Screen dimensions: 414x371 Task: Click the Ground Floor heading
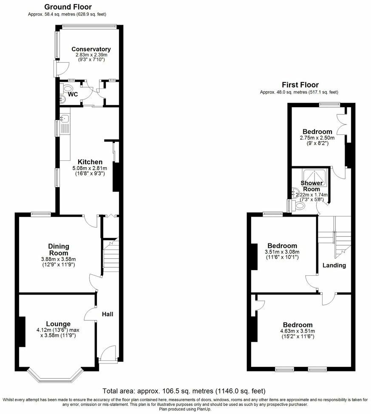pos(68,7)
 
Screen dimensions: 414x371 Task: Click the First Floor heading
pos(300,85)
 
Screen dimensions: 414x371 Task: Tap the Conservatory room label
pos(91,49)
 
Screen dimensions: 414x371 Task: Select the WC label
pos(73,94)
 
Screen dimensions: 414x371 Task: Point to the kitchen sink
pos(65,123)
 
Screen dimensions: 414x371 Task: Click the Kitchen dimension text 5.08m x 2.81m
pos(90,168)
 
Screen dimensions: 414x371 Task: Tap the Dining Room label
pos(59,249)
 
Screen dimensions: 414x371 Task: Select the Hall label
pos(107,314)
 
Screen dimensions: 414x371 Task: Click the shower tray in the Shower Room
pos(314,175)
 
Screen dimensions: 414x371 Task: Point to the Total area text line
pos(184,391)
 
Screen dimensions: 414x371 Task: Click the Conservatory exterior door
pos(58,68)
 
